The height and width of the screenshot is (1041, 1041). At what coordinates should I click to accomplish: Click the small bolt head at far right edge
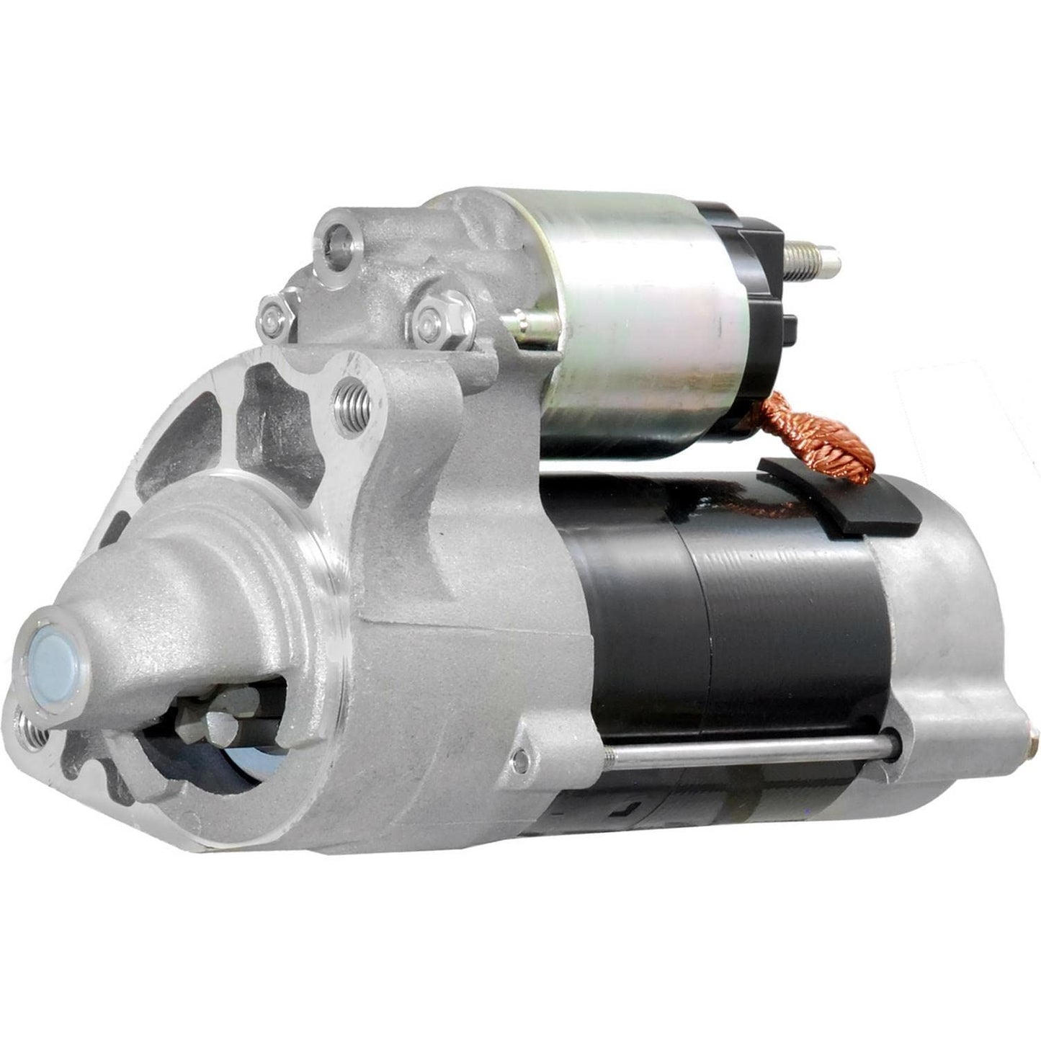tap(1035, 738)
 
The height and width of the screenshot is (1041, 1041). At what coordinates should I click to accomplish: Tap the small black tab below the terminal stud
tap(790, 328)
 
